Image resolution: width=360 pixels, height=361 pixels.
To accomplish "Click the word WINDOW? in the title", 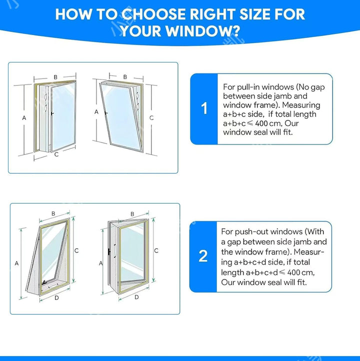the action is (x=202, y=31).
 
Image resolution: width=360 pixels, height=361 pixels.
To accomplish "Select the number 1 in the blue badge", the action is (x=204, y=108).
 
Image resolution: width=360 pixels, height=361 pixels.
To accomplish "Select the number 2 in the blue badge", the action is (x=203, y=256).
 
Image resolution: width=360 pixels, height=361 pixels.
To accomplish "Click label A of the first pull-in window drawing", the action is (x=24, y=118).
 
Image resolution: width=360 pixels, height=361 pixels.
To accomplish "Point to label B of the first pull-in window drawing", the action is (x=55, y=77).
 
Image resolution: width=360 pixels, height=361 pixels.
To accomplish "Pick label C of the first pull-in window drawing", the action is (x=56, y=154).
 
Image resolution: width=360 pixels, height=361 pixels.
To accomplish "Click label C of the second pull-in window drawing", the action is (x=151, y=117).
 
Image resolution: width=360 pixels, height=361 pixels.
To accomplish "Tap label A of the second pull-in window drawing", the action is (x=96, y=112).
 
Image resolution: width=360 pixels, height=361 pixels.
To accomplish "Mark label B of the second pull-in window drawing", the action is (x=125, y=77).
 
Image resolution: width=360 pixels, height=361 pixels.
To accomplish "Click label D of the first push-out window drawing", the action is (x=56, y=298).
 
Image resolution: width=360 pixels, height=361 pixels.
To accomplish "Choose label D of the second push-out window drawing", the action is (x=136, y=297).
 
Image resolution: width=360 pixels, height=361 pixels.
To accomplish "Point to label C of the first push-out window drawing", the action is (x=76, y=250).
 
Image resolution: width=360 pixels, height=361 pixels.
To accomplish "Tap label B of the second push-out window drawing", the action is (x=132, y=214).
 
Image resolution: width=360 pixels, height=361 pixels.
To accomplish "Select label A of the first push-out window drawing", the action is (x=16, y=263).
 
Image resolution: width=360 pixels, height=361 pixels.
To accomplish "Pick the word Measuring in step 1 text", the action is (x=301, y=105).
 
